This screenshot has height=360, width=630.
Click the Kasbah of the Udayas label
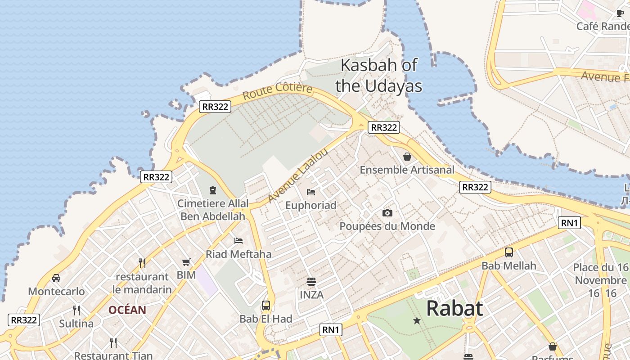379,75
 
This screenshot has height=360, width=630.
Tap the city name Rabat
454,309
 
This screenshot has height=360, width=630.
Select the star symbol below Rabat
417,321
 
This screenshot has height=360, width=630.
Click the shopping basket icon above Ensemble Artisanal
407,157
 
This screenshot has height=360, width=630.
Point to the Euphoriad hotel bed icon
311,192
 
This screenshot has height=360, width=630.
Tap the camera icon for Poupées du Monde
387,213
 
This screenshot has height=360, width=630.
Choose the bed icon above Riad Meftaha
238,241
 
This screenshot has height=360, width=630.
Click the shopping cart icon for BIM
186,262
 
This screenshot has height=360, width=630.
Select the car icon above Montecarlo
56,278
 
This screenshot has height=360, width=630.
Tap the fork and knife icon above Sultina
76,310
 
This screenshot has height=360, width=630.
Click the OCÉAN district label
127,310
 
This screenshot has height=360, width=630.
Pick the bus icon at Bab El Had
266,306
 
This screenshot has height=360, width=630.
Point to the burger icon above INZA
311,282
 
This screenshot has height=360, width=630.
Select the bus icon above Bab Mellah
509,252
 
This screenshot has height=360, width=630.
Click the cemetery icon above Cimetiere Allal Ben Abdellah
213,190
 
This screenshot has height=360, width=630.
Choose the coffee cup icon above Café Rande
620,13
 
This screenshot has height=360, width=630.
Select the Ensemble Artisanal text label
407,170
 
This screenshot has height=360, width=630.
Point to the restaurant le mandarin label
142,283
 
